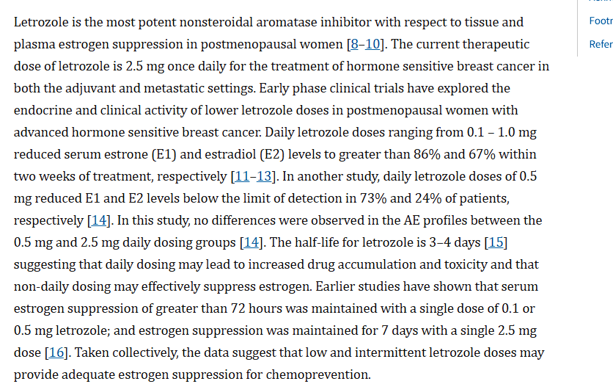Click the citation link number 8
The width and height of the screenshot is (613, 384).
pyautogui.click(x=355, y=44)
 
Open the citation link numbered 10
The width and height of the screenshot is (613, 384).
pyautogui.click(x=372, y=44)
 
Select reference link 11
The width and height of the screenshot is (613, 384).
pyautogui.click(x=242, y=176)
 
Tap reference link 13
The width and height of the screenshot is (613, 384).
pyautogui.click(x=264, y=176)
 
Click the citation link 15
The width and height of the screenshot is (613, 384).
pyautogui.click(x=496, y=243)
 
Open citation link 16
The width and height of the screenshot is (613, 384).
pyautogui.click(x=56, y=352)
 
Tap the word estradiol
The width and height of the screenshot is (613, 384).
pyautogui.click(x=231, y=155)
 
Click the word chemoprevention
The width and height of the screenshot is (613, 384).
pyautogui.click(x=318, y=375)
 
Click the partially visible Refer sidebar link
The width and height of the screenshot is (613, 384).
pyautogui.click(x=601, y=44)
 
